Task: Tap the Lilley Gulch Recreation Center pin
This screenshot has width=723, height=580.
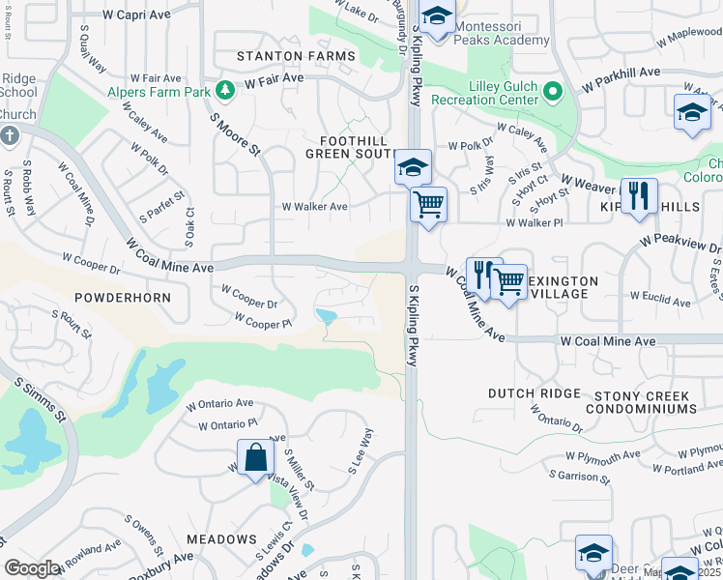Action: [x=553, y=93]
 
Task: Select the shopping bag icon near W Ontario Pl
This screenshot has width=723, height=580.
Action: [x=256, y=458]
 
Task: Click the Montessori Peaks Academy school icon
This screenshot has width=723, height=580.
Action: [x=437, y=18]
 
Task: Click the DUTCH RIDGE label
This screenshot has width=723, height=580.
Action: [x=534, y=393]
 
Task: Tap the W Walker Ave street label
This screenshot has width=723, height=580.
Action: [x=314, y=207]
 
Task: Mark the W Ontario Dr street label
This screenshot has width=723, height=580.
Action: [x=557, y=418]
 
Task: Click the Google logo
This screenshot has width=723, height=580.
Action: [x=33, y=568]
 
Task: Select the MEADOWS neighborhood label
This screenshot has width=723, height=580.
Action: [x=221, y=539]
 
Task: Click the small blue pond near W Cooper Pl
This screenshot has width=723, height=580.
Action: [x=327, y=316]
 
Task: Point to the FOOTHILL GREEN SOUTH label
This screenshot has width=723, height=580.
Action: [x=346, y=147]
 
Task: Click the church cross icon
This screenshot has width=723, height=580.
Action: [x=9, y=136]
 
